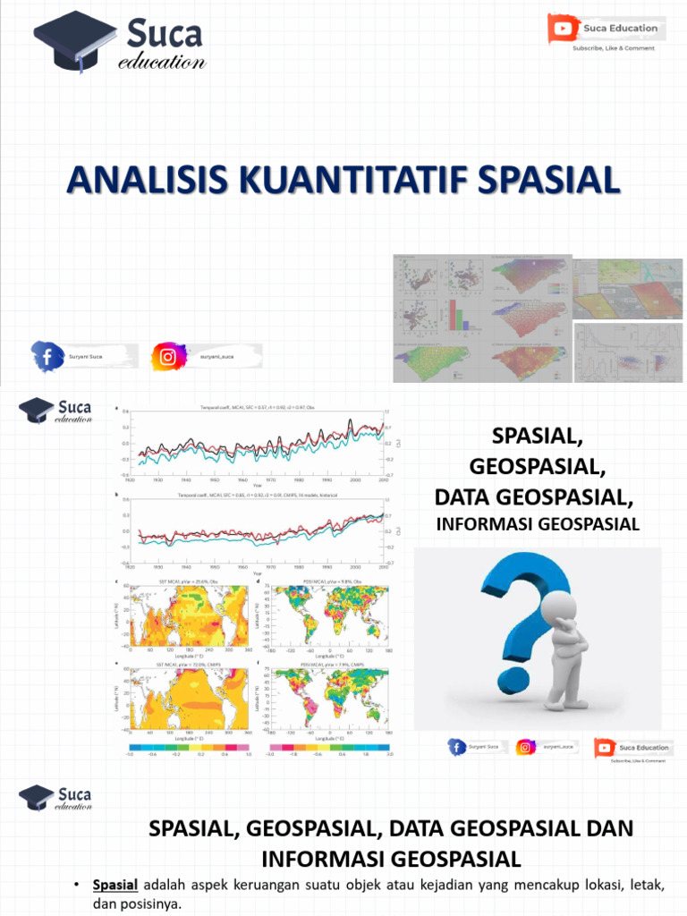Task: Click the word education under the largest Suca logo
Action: [162, 63]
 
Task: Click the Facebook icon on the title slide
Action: [47, 357]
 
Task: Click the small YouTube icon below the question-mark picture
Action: [605, 747]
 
